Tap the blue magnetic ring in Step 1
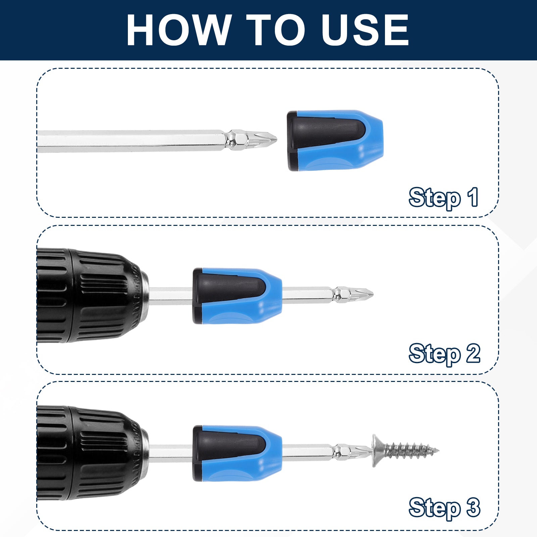[335, 140]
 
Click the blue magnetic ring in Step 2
[237, 296]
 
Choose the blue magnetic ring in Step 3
[237, 453]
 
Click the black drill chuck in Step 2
[93, 295]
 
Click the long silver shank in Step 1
[131, 141]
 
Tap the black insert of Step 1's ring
[322, 132]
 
